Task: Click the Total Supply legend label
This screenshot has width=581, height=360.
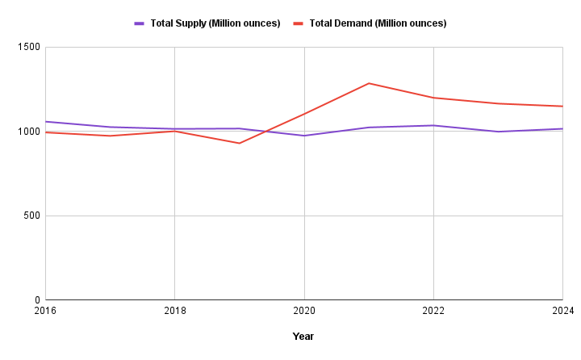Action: pos(215,23)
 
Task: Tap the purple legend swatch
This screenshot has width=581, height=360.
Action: pos(140,23)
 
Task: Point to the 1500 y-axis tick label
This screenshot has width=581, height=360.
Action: pos(29,48)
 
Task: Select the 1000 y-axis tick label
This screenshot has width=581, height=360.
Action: pos(29,132)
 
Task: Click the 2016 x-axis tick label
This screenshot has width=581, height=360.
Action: pos(46,311)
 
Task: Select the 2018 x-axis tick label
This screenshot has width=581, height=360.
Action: pos(175,311)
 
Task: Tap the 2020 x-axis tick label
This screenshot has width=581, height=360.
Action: pos(304,311)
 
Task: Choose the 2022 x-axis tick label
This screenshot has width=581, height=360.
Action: pos(433,311)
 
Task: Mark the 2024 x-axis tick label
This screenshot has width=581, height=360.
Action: pos(562,311)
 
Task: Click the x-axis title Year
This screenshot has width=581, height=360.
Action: pos(303,337)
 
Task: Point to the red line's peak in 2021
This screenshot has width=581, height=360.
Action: pos(369,83)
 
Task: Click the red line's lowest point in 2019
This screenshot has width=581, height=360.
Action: pos(240,143)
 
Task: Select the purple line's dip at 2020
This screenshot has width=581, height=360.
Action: pos(304,136)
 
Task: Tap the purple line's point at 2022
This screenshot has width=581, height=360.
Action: pos(433,125)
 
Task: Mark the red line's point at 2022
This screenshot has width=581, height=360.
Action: pos(433,98)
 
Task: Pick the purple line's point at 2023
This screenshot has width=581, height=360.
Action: pos(498,132)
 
